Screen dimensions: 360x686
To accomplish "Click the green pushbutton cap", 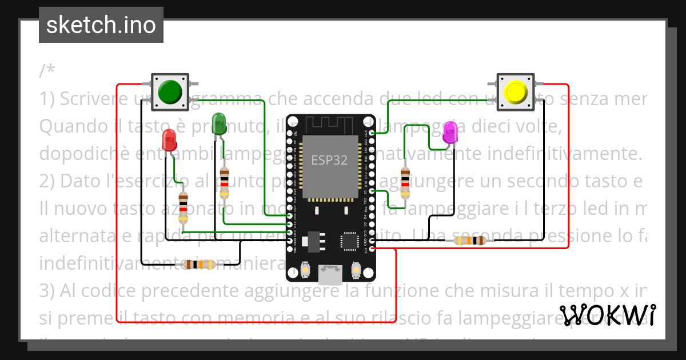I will coord(169,91).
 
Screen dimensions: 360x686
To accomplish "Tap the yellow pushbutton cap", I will coord(516,91).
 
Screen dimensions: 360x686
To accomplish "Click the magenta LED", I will coord(450,133).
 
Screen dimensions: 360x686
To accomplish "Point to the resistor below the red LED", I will coord(183,208).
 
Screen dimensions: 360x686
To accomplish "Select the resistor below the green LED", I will coord(224,183).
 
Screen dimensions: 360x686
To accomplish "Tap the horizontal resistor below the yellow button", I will coord(470,241).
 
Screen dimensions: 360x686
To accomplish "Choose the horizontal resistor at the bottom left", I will coord(199,264).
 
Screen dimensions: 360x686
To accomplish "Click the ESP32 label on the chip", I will coord(329,161).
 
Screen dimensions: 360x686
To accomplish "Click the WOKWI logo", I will coord(607,315).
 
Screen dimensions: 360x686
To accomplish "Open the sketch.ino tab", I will coord(101,25).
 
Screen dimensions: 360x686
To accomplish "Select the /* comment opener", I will coord(47,71).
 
